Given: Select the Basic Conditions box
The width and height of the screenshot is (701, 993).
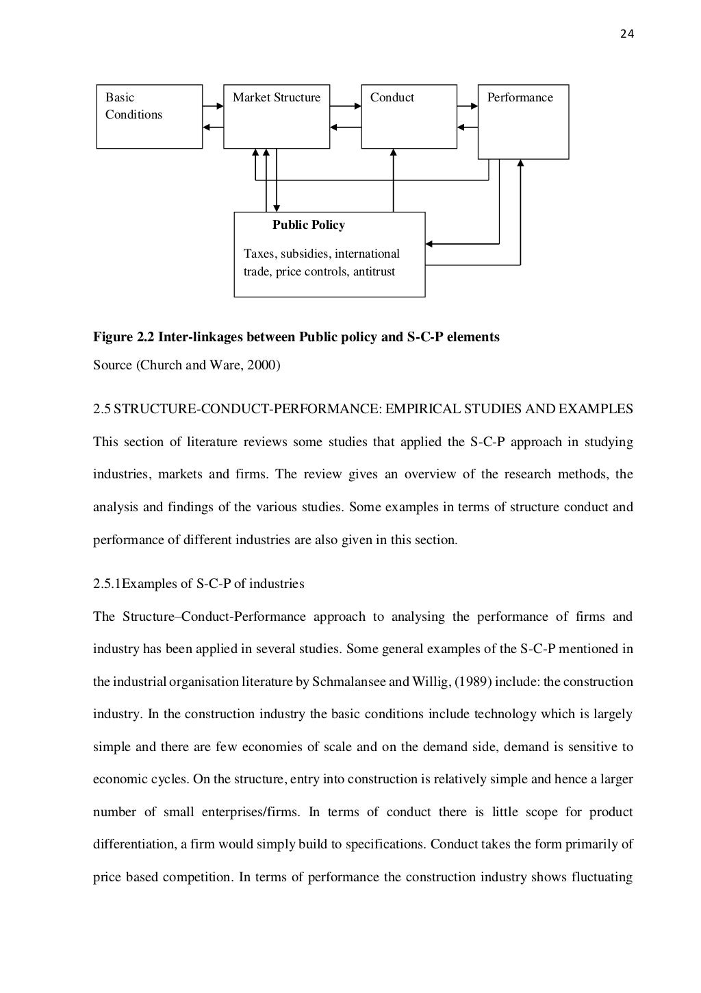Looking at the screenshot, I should (x=149, y=117).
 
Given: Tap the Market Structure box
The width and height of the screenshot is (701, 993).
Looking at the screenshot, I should (x=277, y=117).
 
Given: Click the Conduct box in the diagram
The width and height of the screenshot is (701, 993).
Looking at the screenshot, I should (x=409, y=117).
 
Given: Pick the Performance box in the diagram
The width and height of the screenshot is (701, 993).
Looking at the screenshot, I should (x=523, y=121).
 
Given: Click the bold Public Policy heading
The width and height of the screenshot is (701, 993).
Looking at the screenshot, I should (x=309, y=225).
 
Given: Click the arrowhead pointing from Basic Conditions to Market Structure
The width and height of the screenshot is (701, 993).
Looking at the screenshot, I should (x=219, y=106).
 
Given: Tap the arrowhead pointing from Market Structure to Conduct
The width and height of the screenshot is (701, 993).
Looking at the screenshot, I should (x=357, y=106).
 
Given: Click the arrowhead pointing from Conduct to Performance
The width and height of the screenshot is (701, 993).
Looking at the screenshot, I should (x=473, y=106).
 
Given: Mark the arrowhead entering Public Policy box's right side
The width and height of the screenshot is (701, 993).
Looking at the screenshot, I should (x=429, y=243).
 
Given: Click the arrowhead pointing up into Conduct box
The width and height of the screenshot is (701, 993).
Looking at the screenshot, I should (x=394, y=154).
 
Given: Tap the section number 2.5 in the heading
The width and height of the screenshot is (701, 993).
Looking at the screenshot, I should (x=101, y=409).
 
